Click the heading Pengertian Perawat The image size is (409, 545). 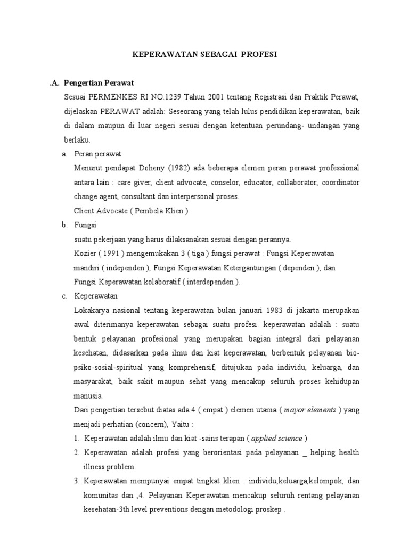(x=99, y=84)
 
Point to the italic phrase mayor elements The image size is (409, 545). (x=310, y=410)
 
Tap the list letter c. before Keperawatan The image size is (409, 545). (x=64, y=296)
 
